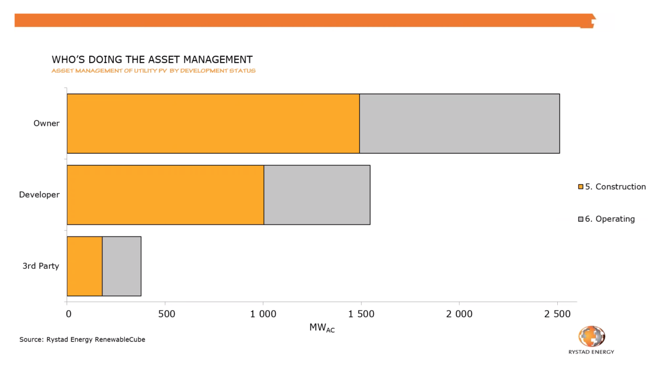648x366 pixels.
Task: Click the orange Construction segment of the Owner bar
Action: [x=213, y=124]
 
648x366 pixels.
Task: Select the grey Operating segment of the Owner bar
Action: [x=459, y=124]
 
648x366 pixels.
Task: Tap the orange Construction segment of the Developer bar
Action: [x=165, y=194]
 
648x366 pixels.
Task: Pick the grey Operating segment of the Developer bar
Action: [x=317, y=194]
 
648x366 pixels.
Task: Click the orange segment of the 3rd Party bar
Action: [x=84, y=266]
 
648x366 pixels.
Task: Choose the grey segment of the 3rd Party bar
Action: [x=122, y=266]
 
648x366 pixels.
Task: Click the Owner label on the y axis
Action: [x=46, y=124]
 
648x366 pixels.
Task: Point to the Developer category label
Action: [x=39, y=194]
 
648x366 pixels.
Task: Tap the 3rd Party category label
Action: [x=40, y=266]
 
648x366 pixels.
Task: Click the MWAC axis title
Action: [x=322, y=328]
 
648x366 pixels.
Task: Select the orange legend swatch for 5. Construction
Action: [x=580, y=187]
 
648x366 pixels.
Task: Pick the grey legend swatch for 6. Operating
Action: [x=580, y=219]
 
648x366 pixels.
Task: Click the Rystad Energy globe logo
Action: [x=591, y=336]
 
